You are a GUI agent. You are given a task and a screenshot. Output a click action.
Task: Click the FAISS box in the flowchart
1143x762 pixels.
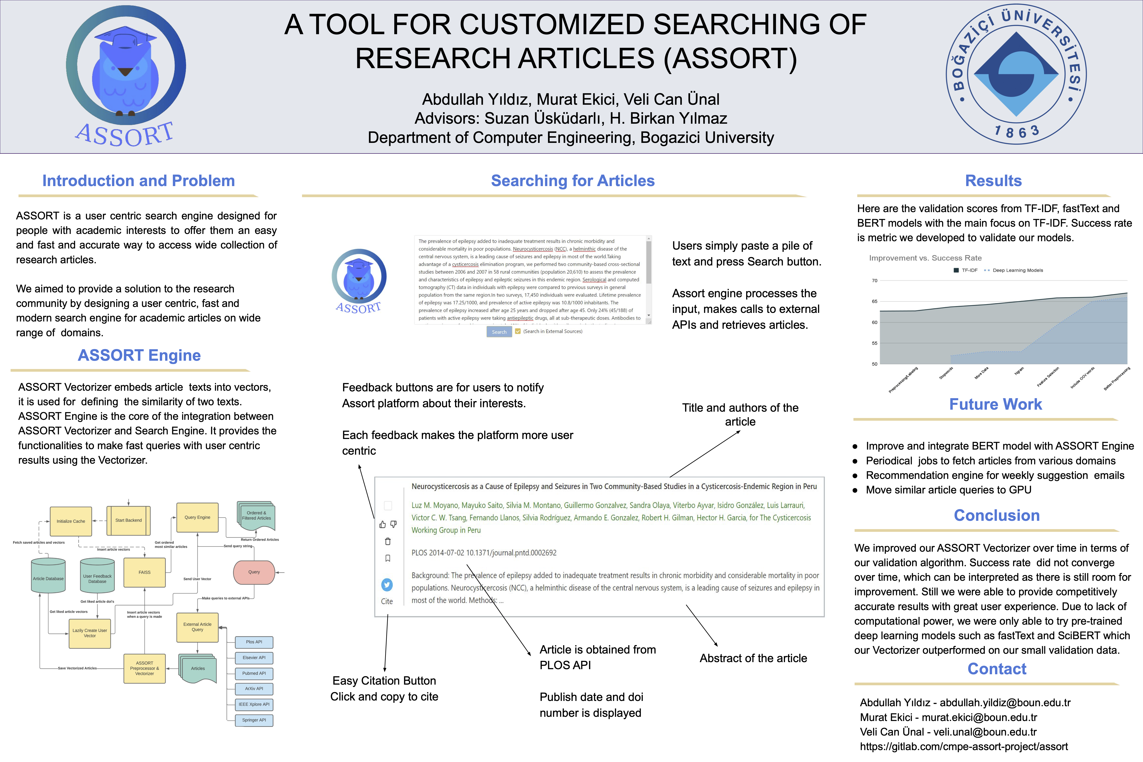click(144, 572)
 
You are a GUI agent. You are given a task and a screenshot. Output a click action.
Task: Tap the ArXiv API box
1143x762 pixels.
click(254, 689)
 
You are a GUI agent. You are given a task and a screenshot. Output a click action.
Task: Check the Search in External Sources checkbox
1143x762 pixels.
click(518, 331)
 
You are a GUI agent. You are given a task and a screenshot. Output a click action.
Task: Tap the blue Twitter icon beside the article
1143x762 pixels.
click(387, 585)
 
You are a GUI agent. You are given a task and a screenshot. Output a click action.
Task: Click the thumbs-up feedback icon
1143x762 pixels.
click(383, 524)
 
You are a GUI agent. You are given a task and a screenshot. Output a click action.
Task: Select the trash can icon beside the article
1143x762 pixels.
click(388, 541)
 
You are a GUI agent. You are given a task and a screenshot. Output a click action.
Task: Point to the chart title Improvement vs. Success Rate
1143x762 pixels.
click(925, 258)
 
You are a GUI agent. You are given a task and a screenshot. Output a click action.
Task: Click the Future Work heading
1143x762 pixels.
click(995, 404)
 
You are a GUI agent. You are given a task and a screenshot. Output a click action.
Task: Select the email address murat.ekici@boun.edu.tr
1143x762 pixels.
click(979, 717)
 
